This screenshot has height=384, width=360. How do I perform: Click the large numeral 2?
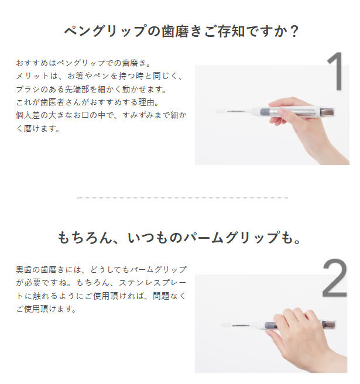[334, 278]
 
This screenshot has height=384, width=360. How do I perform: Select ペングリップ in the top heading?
[105, 32]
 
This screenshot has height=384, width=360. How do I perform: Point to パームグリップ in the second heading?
[231, 238]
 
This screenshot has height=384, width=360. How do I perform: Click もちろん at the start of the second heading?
[85, 238]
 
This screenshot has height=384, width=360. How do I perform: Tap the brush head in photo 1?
[221, 111]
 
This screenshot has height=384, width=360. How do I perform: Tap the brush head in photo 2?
[226, 325]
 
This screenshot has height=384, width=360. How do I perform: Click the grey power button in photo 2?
[269, 325]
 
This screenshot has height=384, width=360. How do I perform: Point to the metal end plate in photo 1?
[327, 112]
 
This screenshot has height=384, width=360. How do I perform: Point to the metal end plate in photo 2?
[330, 325]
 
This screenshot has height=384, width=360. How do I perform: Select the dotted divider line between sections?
[183, 198]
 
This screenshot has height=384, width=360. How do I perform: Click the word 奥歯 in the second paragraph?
[24, 270]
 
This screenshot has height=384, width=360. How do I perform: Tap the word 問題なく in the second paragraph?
[170, 296]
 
